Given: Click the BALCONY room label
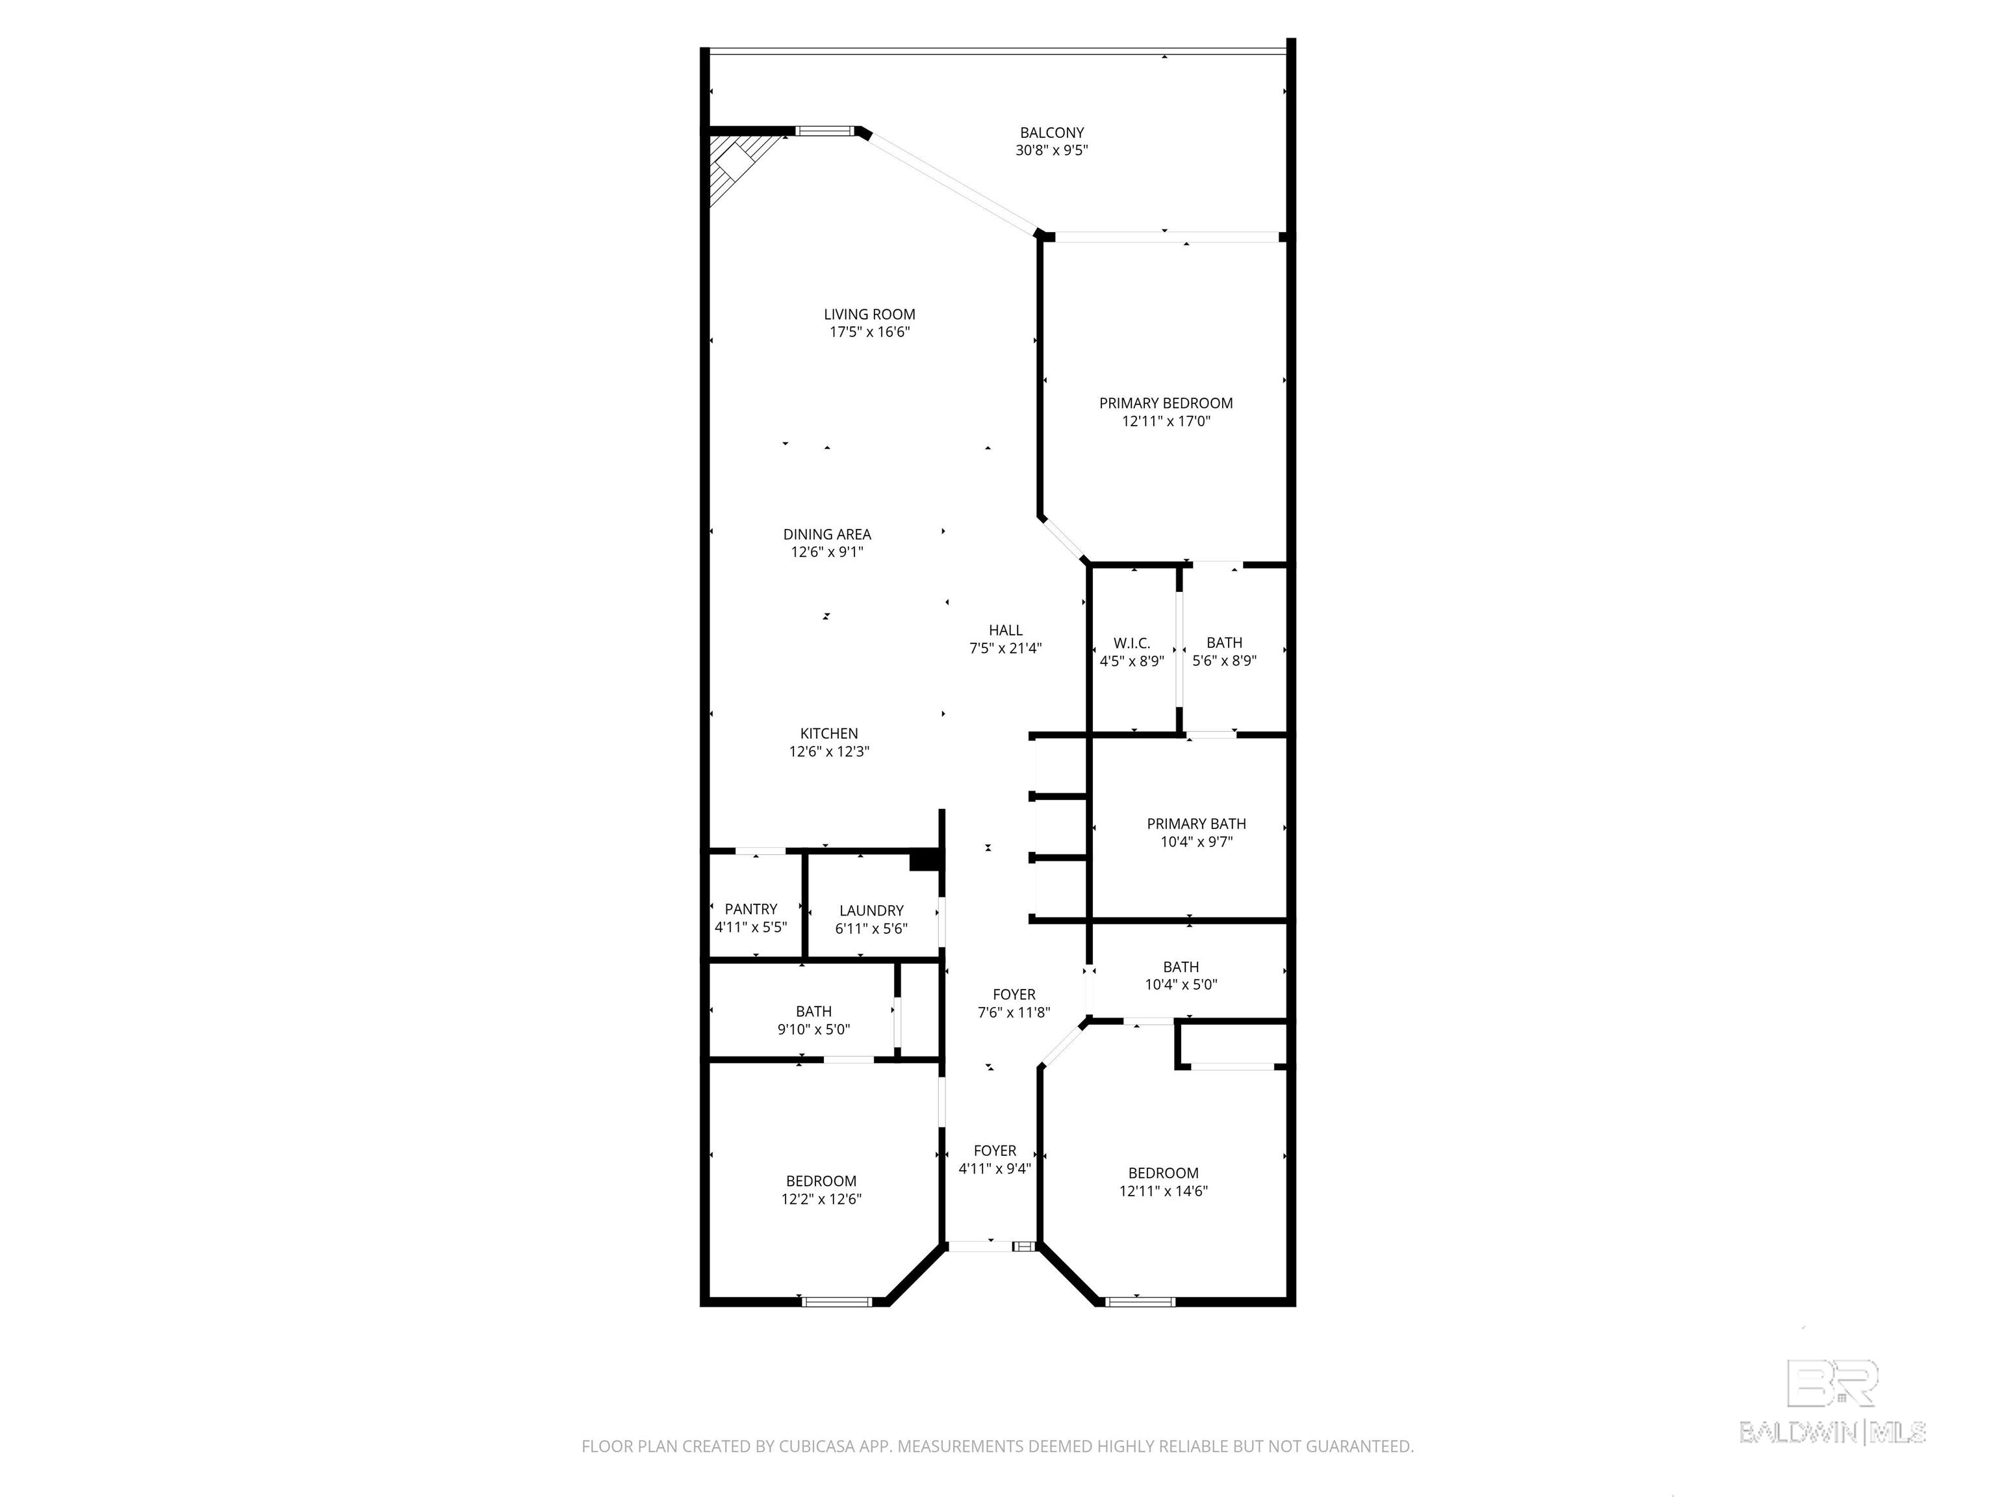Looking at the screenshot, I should point(1051,133).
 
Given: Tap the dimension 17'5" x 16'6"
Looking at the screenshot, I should point(869,332).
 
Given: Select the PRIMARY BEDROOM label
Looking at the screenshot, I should point(1165,403).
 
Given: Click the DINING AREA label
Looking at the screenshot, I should point(826,534).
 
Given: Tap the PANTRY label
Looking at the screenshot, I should point(750,909).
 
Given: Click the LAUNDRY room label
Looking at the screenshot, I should point(871,910).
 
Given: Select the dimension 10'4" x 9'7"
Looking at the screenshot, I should point(1196,842).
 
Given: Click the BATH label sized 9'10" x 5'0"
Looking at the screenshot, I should point(813,1012).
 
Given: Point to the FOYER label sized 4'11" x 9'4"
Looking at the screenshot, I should point(994,1151).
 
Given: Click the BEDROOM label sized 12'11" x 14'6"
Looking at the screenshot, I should point(1162,1173).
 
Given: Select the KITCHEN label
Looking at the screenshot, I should point(828,734).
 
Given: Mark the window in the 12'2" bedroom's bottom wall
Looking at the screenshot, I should point(836,1301).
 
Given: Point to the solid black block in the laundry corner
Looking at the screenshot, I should point(924,861).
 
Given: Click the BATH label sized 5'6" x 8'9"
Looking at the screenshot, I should point(1223,643).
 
